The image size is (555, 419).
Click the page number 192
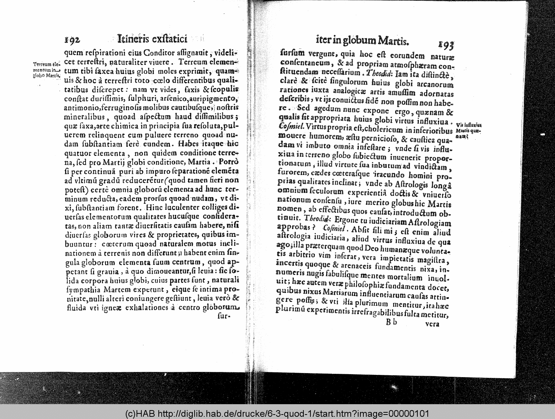(x=72, y=40)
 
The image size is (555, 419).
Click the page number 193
(x=446, y=45)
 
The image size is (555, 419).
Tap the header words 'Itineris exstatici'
(x=152, y=39)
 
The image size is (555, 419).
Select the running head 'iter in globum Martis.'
(x=362, y=40)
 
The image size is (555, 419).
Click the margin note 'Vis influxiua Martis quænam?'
(x=469, y=130)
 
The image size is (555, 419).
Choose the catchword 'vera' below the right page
(x=432, y=324)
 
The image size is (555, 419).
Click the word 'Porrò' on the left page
(x=229, y=162)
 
